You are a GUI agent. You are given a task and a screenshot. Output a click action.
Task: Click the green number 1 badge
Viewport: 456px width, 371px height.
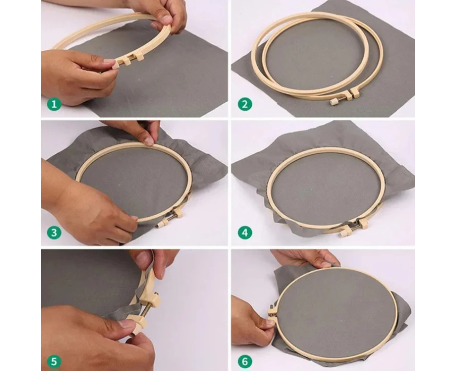(x=54, y=104)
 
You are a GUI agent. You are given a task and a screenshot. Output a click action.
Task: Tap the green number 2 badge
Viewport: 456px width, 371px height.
(x=245, y=104)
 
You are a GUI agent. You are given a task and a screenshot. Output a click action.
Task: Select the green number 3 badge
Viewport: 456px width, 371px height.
(x=54, y=233)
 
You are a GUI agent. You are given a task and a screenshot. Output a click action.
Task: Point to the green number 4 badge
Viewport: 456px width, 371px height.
(x=245, y=233)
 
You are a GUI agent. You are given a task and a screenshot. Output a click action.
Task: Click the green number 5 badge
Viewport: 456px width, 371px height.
(x=54, y=361)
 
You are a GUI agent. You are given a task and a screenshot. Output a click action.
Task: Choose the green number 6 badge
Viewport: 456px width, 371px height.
(x=245, y=361)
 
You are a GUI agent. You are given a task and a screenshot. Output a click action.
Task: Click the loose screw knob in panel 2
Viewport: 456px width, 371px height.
(x=335, y=102)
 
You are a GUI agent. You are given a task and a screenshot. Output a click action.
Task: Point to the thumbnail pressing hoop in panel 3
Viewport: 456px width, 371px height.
(x=150, y=142)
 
